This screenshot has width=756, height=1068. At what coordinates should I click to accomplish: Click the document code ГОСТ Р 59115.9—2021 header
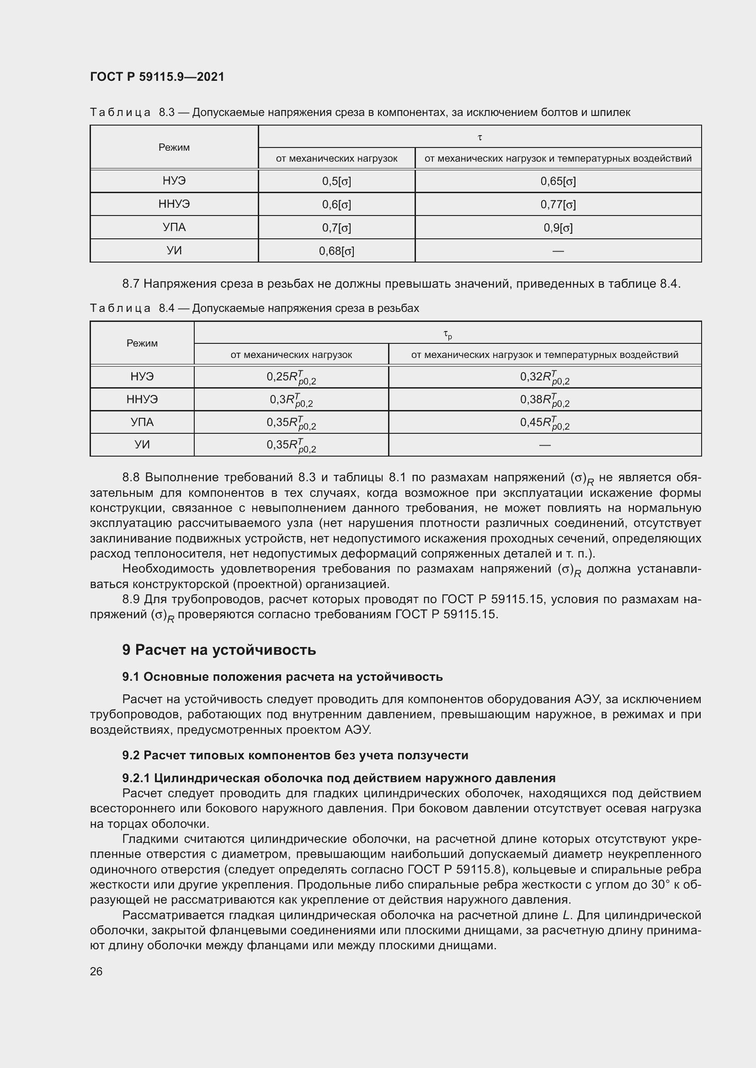pyautogui.click(x=157, y=77)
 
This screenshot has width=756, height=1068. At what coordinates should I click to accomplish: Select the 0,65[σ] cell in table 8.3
pyautogui.click(x=558, y=181)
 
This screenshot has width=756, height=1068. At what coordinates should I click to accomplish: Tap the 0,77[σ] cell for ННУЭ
pyautogui.click(x=558, y=205)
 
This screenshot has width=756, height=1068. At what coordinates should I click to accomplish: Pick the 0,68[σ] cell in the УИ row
pyautogui.click(x=336, y=251)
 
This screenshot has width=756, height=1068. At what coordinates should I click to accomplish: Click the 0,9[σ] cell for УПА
pyautogui.click(x=558, y=228)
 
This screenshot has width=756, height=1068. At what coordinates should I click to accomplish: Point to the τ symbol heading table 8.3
pyautogui.click(x=479, y=137)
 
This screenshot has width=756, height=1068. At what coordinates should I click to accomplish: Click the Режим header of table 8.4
pyautogui.click(x=142, y=343)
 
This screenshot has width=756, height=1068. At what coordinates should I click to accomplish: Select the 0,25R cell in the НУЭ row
pyautogui.click(x=291, y=377)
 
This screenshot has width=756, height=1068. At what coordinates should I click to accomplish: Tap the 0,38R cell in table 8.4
pyautogui.click(x=544, y=400)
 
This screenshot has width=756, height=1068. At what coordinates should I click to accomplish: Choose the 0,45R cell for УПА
pyautogui.click(x=544, y=423)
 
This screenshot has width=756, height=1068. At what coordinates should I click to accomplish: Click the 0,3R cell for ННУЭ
pyautogui.click(x=291, y=400)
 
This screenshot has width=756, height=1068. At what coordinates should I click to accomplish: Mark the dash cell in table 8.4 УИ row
pyautogui.click(x=544, y=445)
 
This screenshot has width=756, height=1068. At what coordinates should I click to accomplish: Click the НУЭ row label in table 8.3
pyautogui.click(x=174, y=181)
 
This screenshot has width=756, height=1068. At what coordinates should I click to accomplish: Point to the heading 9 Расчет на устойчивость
pyautogui.click(x=219, y=650)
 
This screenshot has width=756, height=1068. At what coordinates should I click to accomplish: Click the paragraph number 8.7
pyautogui.click(x=131, y=284)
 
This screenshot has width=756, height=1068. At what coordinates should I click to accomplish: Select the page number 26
pyautogui.click(x=96, y=972)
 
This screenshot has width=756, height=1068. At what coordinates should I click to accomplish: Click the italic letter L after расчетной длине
pyautogui.click(x=566, y=915)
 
